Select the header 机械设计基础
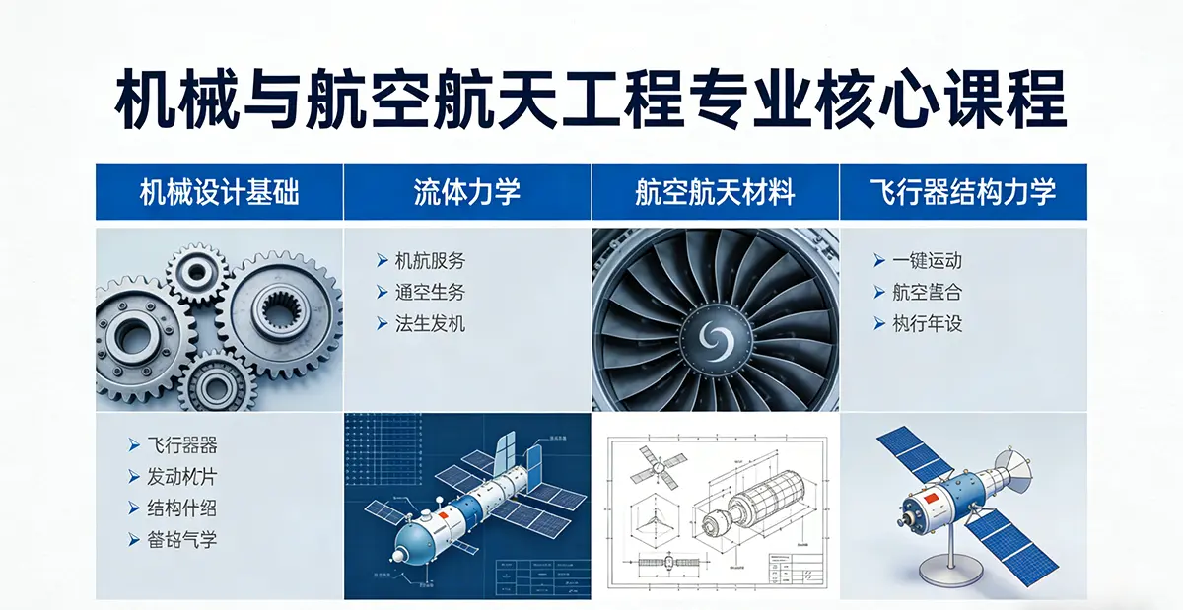pyautogui.click(x=219, y=192)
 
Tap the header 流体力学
pyautogui.click(x=467, y=192)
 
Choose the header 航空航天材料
pyautogui.click(x=715, y=192)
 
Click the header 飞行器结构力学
pyautogui.click(x=963, y=192)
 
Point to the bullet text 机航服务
pyautogui.click(x=429, y=261)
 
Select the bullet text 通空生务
pyautogui.click(x=429, y=293)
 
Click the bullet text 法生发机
pyautogui.click(x=429, y=324)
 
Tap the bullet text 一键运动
pyautogui.click(x=926, y=261)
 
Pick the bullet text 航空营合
pyautogui.click(x=926, y=293)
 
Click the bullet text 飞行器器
pyautogui.click(x=181, y=445)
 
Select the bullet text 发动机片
pyautogui.click(x=181, y=477)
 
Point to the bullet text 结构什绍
pyautogui.click(x=181, y=508)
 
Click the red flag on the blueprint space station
pyautogui.click(x=445, y=515)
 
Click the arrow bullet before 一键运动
pyautogui.click(x=878, y=261)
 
